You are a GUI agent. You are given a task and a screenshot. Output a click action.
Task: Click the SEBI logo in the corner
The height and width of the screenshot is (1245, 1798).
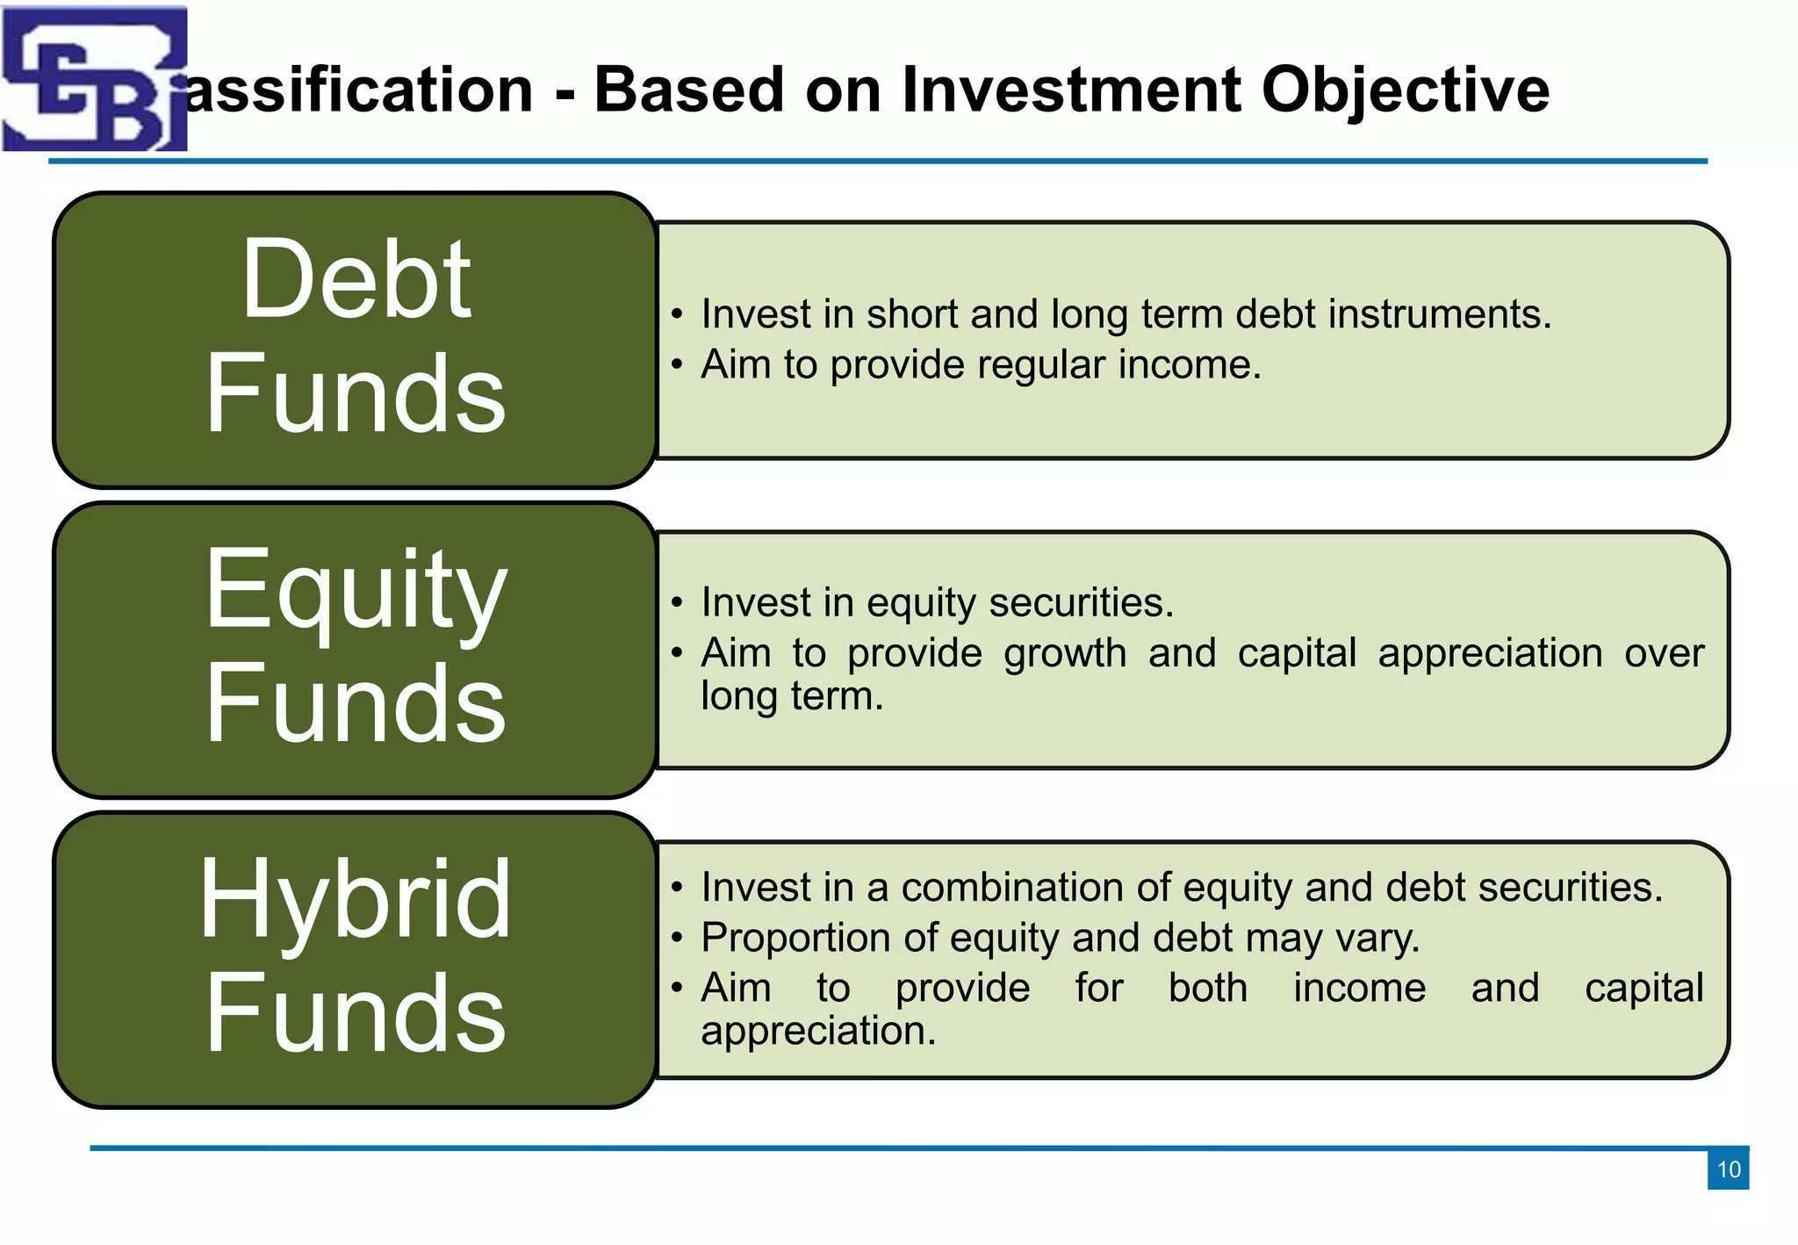click(94, 79)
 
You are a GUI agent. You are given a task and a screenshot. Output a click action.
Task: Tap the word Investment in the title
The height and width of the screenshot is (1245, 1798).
click(1071, 90)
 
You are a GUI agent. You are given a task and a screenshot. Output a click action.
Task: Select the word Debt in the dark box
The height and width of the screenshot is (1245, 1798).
click(356, 280)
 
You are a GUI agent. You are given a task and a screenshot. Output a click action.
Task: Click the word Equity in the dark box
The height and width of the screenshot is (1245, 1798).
click(356, 591)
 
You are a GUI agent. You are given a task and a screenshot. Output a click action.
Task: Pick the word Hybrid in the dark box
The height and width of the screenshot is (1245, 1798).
click(356, 900)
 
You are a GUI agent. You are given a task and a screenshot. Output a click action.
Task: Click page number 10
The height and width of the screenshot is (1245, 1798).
click(1728, 1169)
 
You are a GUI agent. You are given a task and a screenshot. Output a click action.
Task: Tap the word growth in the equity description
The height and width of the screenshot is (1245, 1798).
click(1064, 653)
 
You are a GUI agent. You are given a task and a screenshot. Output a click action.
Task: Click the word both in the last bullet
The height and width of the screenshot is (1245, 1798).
click(1207, 989)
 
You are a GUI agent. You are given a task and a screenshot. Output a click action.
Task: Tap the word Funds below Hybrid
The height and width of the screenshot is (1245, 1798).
click(356, 1014)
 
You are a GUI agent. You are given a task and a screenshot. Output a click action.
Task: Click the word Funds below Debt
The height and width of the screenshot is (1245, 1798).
click(356, 394)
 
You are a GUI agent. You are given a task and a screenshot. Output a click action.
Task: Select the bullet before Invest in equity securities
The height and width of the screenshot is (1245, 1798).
click(676, 603)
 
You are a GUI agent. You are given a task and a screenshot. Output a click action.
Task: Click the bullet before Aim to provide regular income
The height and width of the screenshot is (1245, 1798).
click(676, 365)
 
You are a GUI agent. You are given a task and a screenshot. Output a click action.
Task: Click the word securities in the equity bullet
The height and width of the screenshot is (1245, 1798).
click(1081, 603)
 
